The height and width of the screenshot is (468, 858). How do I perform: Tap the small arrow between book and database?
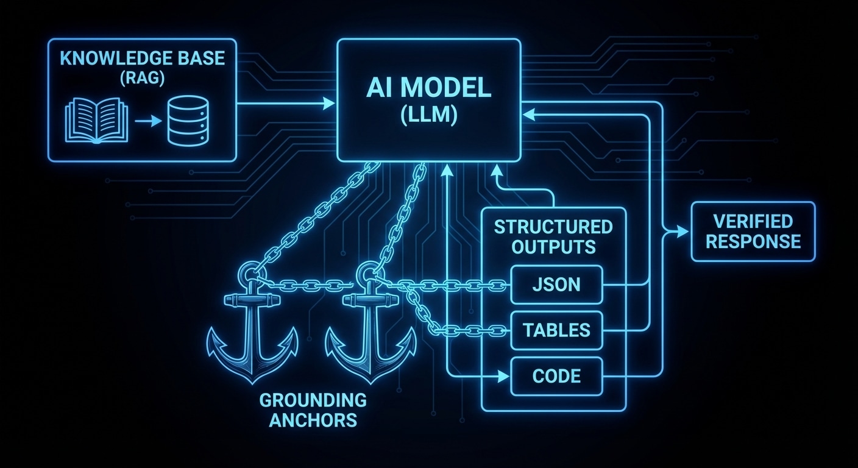coord(144,122)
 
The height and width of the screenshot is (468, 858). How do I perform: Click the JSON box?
coord(556,285)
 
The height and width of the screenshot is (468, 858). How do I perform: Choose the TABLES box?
coord(556,330)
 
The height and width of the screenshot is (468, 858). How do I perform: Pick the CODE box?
coord(556,376)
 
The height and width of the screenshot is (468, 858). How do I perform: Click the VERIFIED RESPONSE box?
coord(753,231)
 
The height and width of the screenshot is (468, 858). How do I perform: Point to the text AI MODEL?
coord(429,89)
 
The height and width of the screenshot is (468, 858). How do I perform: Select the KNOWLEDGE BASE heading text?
coord(142,59)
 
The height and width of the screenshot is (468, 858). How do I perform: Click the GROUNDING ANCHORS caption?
coord(313,410)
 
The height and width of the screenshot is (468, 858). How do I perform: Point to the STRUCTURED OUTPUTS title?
coord(553,236)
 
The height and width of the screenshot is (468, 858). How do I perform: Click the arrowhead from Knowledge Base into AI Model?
coord(330,104)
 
